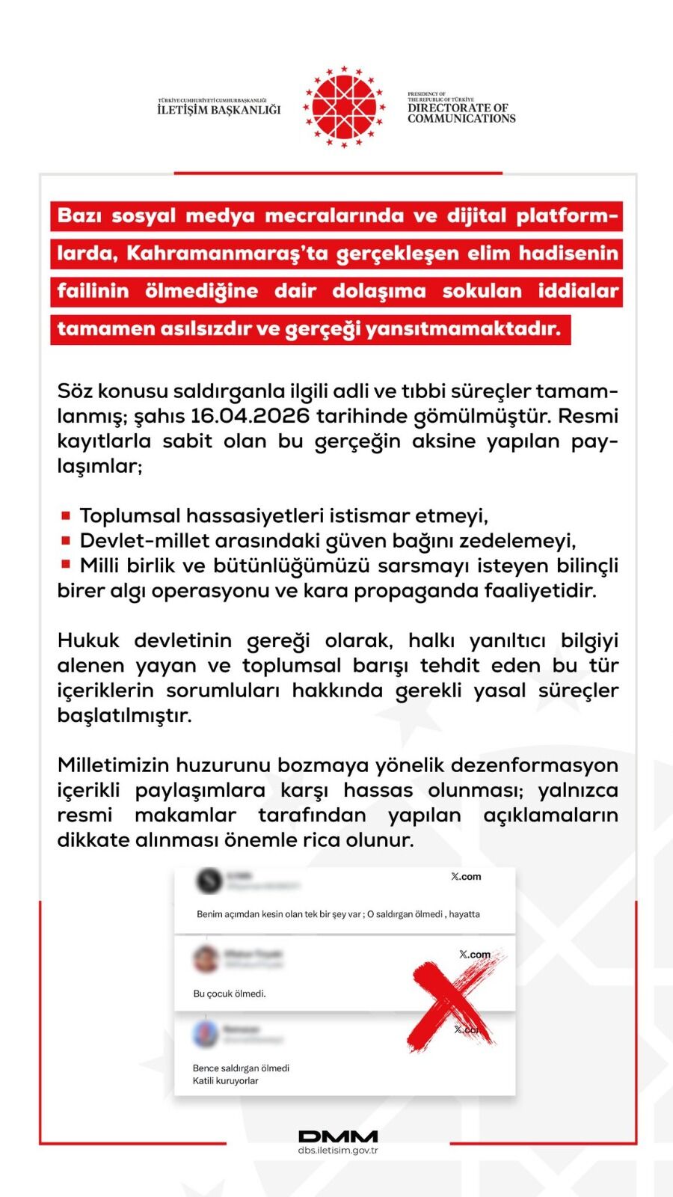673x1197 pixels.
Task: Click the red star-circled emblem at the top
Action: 344,106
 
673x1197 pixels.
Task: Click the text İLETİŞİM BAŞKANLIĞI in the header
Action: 219,110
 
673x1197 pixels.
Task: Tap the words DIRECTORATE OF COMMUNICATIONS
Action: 461,113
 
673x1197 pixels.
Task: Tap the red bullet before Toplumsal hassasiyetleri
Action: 66,515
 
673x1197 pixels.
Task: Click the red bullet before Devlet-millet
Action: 66,540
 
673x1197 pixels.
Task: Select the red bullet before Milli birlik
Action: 66,565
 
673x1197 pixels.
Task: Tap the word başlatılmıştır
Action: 124,715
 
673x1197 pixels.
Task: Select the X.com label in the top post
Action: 466,876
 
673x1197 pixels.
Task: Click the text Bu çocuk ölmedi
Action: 230,994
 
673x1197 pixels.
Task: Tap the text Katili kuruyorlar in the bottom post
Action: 225,1080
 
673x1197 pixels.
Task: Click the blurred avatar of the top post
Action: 209,881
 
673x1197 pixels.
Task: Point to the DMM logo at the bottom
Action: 338,1136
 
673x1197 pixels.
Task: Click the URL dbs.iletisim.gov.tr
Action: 338,1151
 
